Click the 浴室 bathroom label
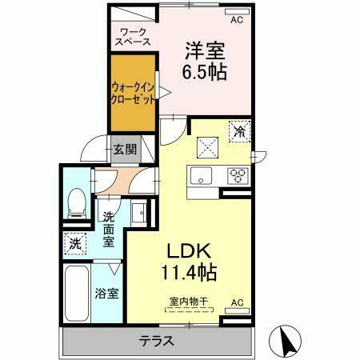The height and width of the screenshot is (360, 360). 108,292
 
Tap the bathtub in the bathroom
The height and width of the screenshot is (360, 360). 78,294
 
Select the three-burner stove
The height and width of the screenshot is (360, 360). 238,175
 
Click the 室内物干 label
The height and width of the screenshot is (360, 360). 188,302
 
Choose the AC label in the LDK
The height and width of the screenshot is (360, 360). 237,302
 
